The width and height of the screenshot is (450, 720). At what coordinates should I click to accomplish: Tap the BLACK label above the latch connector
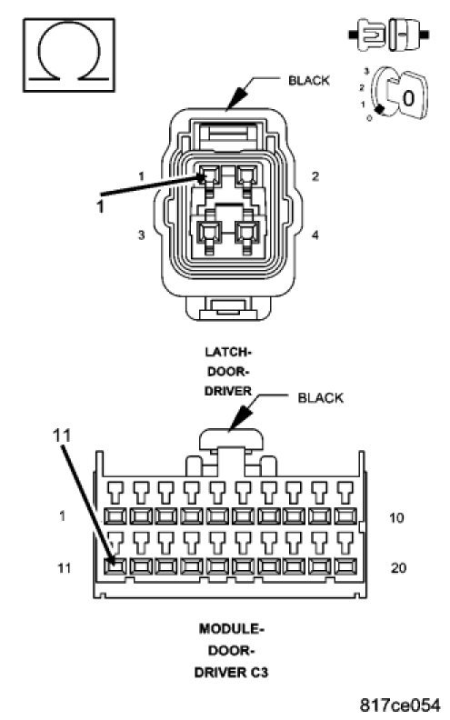pos(308,80)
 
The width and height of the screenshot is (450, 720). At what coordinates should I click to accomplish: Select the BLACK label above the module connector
pos(320,397)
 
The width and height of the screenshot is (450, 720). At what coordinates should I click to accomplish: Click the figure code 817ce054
pos(399,704)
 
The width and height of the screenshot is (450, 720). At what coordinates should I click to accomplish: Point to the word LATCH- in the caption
pos(228,352)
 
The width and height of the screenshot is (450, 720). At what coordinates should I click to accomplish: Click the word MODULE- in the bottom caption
pos(232,628)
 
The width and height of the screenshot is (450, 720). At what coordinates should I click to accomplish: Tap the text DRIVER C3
pos(232,673)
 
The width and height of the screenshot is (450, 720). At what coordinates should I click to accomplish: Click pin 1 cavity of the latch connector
pos(209,175)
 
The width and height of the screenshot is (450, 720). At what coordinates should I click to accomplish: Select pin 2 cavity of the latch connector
pos(246,175)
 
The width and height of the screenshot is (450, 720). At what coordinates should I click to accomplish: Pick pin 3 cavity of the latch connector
pos(208,233)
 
